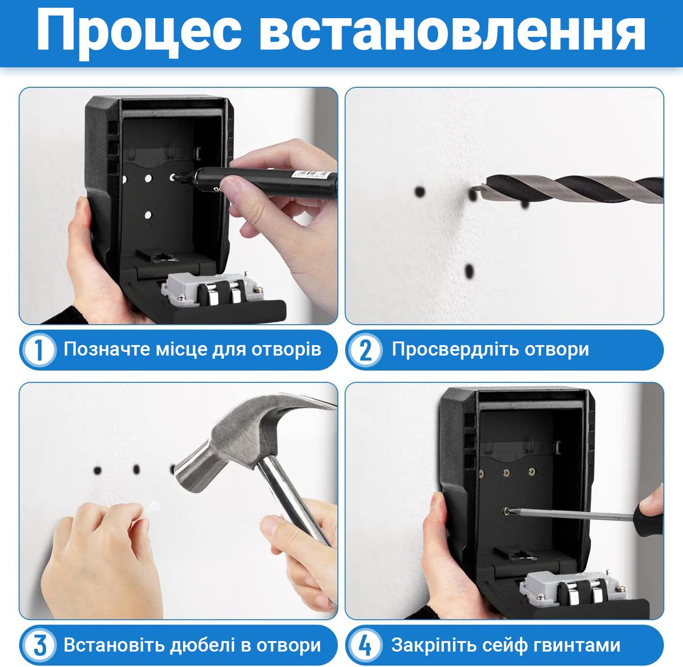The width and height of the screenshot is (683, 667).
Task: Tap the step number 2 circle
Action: point(366,350)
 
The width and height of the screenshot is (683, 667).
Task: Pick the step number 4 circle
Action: point(366,646)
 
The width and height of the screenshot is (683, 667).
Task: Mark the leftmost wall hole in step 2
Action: point(420,191)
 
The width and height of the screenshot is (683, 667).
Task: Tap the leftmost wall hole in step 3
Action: point(98,470)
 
